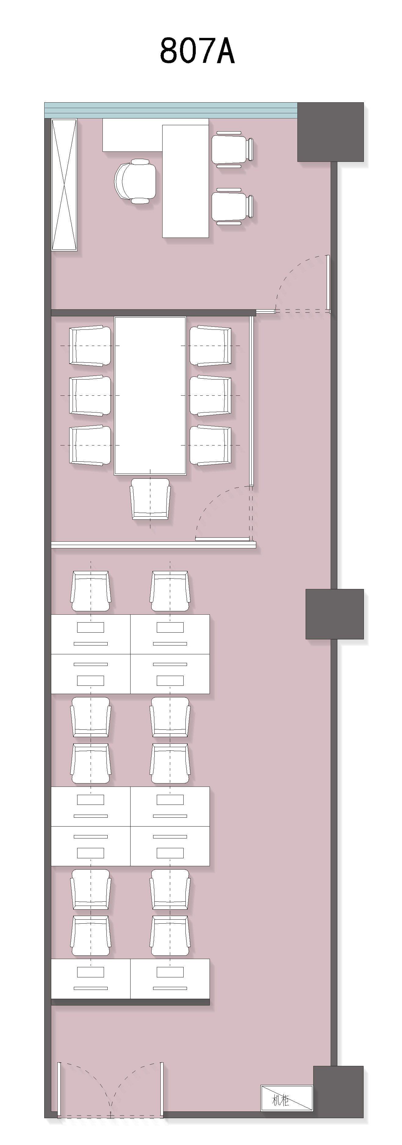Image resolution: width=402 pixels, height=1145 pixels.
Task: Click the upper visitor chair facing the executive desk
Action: (232, 149)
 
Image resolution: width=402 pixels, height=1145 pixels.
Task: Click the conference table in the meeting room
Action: (150, 396)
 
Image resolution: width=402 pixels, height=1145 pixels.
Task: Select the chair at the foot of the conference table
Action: (150, 499)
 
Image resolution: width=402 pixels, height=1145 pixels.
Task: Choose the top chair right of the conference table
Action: (210, 346)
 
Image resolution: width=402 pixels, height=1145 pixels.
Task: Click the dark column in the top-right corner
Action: (331, 132)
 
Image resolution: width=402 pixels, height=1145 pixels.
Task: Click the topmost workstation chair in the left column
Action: (91, 591)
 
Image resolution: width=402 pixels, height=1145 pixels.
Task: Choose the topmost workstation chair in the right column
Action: (170, 591)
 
